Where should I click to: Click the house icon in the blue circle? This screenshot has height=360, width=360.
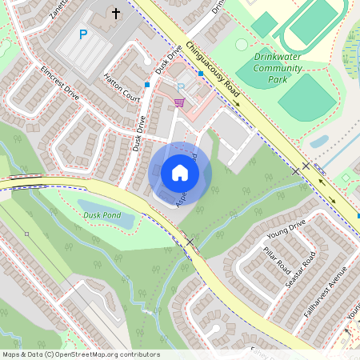180,172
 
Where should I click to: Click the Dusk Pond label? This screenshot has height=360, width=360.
102,214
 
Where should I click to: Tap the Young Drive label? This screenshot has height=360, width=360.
287,233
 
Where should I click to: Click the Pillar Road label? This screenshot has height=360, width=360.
276,261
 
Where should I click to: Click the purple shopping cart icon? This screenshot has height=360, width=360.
179,102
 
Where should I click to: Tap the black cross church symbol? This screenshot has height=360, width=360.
115,14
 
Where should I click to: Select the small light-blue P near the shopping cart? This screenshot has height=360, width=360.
180,87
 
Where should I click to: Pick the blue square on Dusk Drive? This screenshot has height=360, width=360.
147,83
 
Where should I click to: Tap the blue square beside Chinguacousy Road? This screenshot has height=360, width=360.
199,74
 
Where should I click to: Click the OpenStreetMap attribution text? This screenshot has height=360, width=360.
81,354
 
